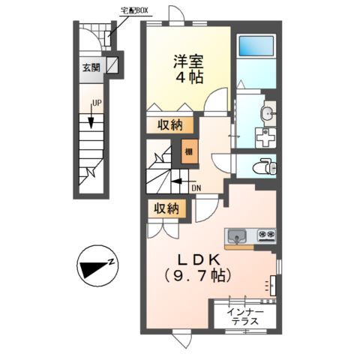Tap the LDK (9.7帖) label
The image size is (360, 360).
coord(198,267)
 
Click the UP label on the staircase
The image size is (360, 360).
coord(97,103)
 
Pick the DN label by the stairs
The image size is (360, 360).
coord(196,188)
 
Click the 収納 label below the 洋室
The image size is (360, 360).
coord(169,125)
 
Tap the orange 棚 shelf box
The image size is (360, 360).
coord(187,152)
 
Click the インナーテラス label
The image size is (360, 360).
coord(245,315)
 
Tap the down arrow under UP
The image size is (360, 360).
coord(91,118)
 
